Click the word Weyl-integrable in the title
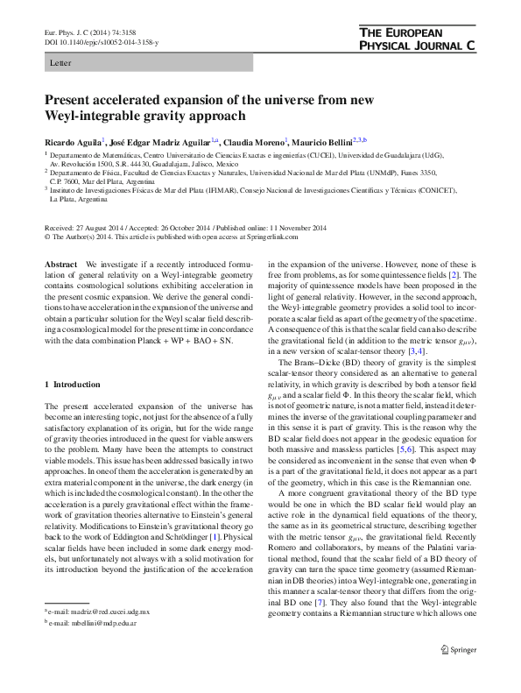tap(94, 115)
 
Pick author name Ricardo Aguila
tap(73, 141)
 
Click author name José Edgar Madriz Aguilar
tap(158, 141)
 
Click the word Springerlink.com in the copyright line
tap(272, 237)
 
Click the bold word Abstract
tap(62, 265)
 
